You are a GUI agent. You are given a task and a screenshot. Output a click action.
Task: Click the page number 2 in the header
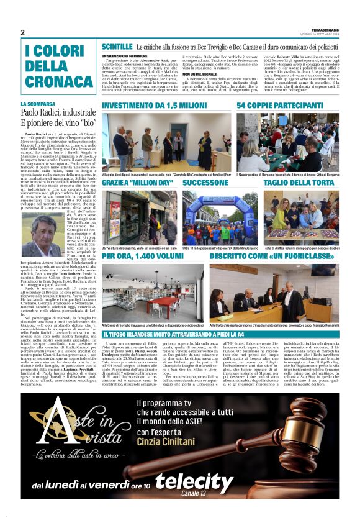coord(22,32)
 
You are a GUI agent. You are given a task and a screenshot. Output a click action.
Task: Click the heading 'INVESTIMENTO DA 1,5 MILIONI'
coord(146,106)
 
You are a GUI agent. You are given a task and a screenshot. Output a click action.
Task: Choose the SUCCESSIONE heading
coord(205,184)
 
